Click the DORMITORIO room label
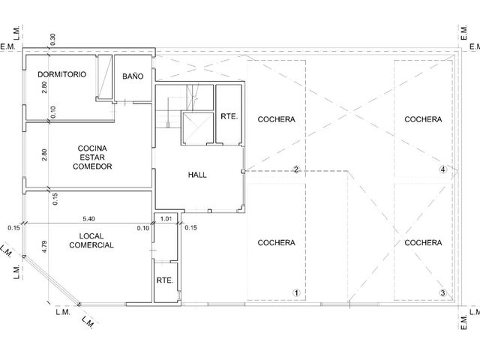point(61,74)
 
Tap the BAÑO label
point(133,76)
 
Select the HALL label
point(197,175)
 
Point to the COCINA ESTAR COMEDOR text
point(92,157)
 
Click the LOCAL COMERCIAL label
point(91,241)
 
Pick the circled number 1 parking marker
point(296,293)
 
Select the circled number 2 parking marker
point(296,169)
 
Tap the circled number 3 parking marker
point(443,293)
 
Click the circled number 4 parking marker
point(443,169)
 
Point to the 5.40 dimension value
point(88,218)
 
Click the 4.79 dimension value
point(44,247)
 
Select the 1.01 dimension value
point(166,218)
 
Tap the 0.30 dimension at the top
point(52,39)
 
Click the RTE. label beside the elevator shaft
point(229,116)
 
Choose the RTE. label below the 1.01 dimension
point(165,280)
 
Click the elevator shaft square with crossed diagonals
point(197,128)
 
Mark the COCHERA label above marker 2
point(276,119)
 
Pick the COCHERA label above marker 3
point(423,243)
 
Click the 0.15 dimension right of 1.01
point(190,228)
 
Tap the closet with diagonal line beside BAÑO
point(104,77)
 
